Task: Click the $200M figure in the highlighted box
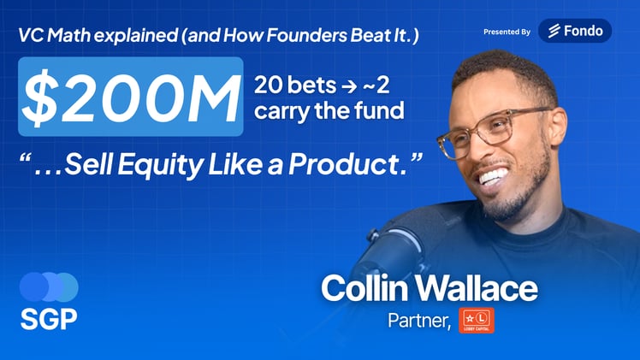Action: point(130,97)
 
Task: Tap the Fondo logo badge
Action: point(575,31)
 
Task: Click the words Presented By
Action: point(507,32)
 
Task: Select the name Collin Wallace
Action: point(429,288)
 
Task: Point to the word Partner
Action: point(417,321)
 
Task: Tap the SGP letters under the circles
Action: point(48,319)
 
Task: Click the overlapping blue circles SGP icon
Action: point(48,286)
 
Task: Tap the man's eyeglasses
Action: point(495,128)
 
